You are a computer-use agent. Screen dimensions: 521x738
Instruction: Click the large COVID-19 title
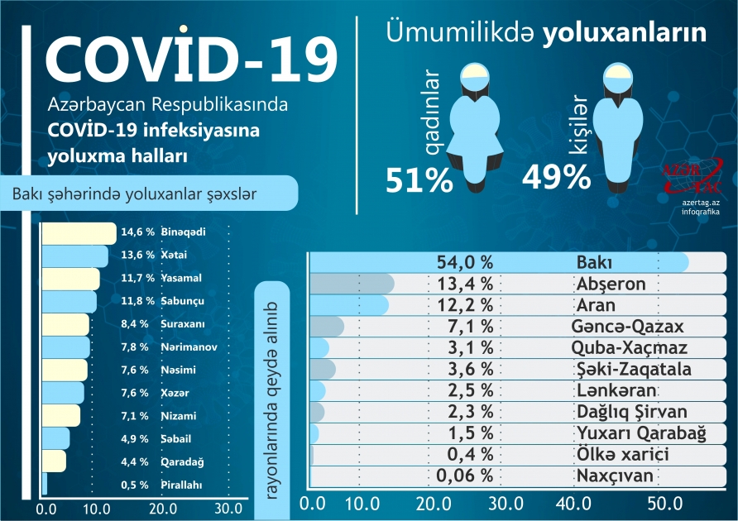[190, 56]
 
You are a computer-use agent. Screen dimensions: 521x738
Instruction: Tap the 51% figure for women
[419, 179]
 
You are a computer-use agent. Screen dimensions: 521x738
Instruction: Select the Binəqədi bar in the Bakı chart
[79, 233]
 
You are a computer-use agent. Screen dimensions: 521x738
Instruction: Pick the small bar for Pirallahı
[45, 485]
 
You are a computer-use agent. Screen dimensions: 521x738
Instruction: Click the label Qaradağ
[184, 461]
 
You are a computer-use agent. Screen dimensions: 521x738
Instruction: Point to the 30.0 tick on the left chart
[228, 508]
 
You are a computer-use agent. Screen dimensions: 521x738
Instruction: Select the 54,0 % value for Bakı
[465, 262]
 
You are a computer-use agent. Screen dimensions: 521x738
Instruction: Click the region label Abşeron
[611, 284]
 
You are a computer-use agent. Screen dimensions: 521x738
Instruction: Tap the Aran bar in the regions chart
[348, 305]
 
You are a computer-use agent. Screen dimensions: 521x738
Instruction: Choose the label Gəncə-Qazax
[627, 327]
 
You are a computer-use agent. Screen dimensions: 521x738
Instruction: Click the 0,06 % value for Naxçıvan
[464, 476]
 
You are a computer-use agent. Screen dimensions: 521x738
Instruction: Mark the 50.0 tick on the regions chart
[666, 503]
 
